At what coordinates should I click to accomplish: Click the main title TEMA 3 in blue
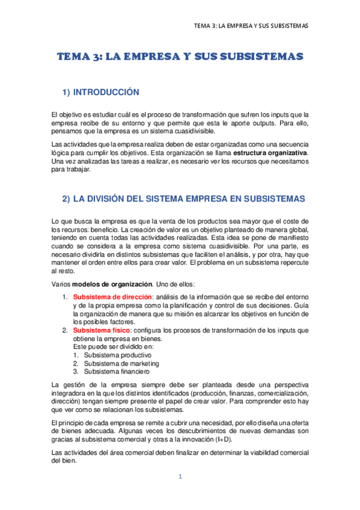[180, 57]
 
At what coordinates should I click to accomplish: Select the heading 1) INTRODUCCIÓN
[101, 92]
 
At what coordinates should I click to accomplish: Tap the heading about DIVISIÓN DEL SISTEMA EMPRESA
[184, 198]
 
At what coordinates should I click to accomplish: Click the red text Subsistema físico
[100, 330]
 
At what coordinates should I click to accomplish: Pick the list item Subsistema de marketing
[121, 363]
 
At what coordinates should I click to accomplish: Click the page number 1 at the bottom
[180, 477]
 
